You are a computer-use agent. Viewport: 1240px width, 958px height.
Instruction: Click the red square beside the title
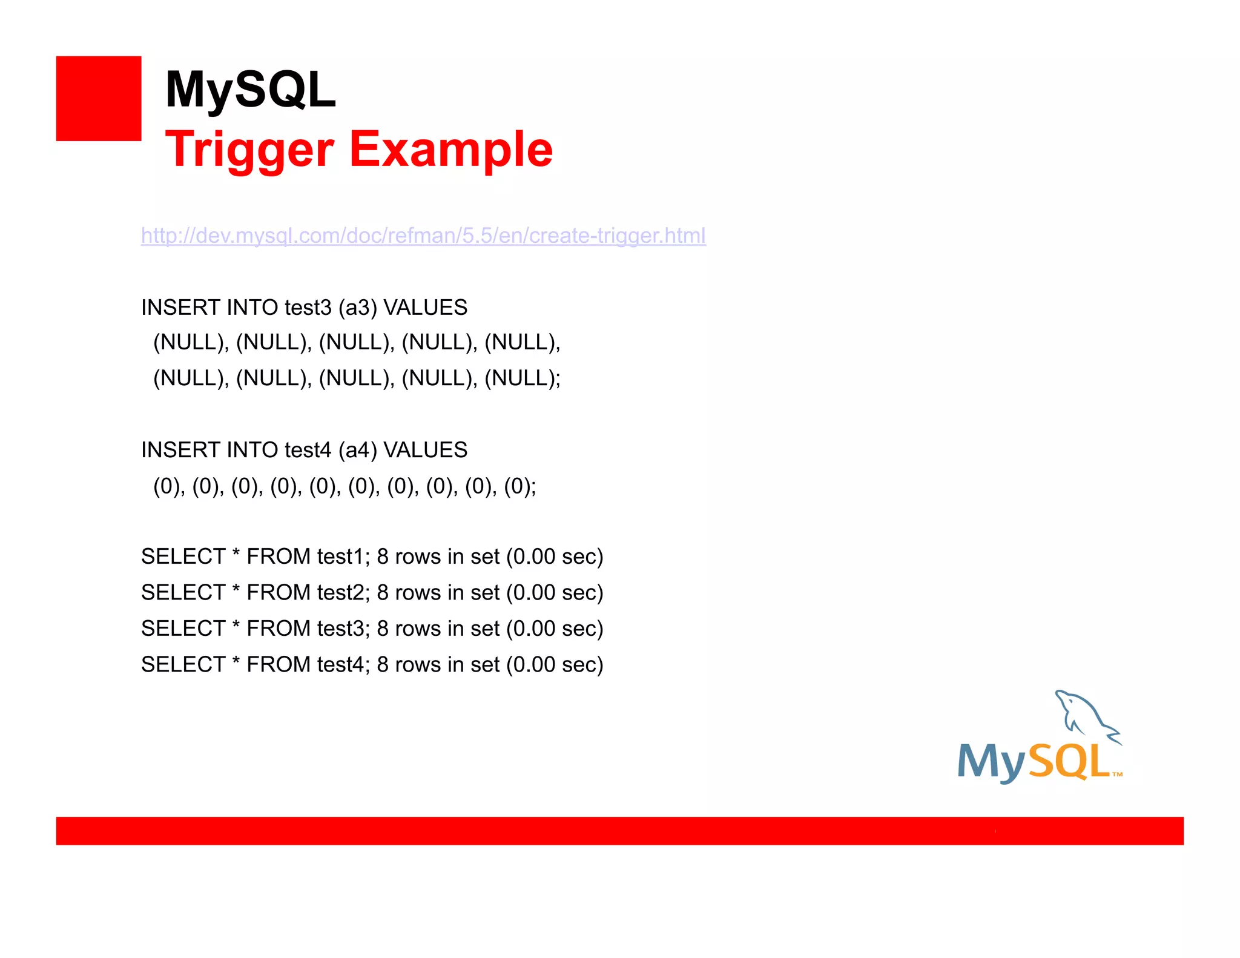pos(99,99)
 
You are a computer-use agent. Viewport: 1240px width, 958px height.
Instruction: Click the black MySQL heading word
pos(250,90)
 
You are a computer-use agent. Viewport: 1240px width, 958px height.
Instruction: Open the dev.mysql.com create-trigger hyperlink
pos(423,236)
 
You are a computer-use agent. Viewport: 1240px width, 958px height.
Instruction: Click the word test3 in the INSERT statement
pos(308,308)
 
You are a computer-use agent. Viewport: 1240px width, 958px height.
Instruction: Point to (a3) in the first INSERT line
pos(358,308)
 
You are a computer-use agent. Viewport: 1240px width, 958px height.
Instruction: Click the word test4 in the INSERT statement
pos(308,450)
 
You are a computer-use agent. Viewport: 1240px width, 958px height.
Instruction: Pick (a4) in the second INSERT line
pos(358,450)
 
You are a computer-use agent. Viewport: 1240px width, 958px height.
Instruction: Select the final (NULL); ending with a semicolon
pos(523,378)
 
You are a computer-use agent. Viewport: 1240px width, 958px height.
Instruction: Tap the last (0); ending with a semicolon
pos(520,486)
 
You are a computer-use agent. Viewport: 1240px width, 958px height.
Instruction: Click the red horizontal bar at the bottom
pos(619,830)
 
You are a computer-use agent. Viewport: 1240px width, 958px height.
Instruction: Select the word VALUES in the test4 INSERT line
pos(426,450)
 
